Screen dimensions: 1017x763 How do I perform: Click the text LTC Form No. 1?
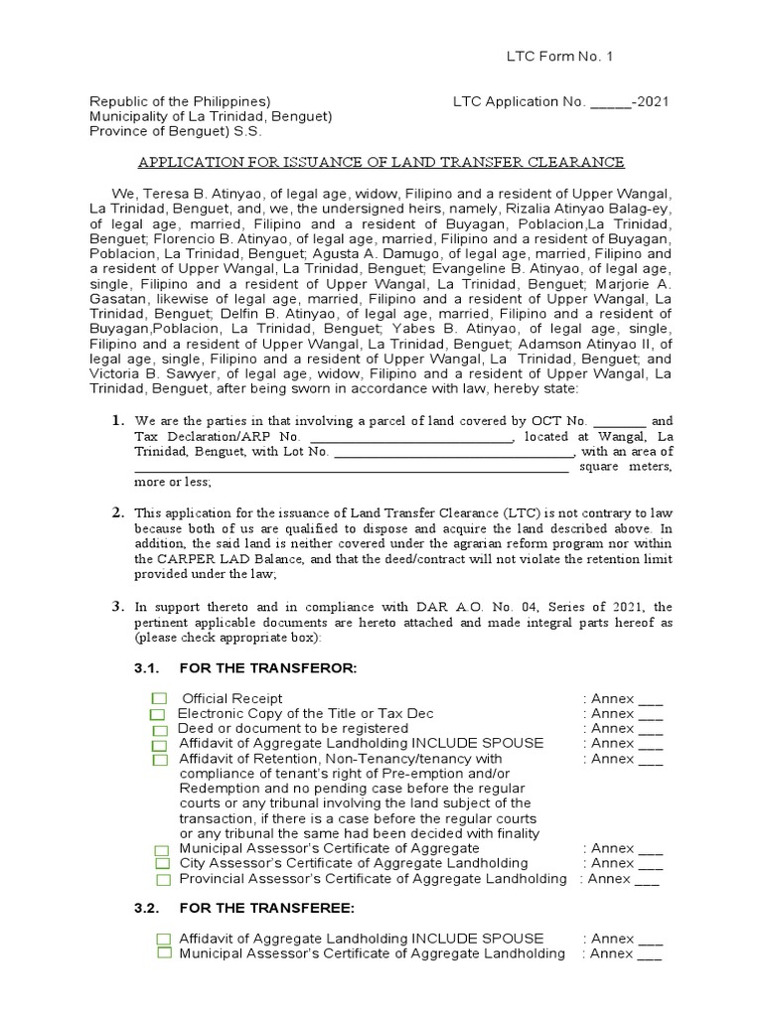tap(561, 56)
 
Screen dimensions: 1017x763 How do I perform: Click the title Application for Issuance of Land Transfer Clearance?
tap(381, 162)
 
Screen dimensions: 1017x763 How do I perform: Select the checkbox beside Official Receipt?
tap(159, 699)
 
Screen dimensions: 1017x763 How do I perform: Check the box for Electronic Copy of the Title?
tap(158, 714)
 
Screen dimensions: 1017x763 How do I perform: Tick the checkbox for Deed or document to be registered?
tap(159, 729)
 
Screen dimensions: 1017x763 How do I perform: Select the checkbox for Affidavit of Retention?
tap(160, 760)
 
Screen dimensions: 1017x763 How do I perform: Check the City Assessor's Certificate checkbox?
tap(162, 865)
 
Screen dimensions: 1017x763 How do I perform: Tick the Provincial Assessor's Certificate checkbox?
tap(162, 880)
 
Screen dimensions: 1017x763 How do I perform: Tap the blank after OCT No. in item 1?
tap(619, 421)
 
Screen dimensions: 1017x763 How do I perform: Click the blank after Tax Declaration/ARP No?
tap(409, 437)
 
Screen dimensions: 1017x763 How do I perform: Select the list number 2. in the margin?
tap(117, 512)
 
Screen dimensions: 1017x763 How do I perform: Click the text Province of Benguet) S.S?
tap(170, 131)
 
